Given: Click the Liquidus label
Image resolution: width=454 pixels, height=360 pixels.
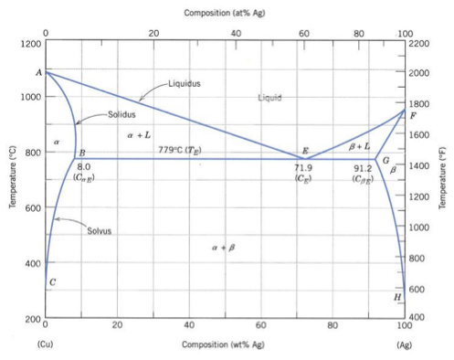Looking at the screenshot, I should click(x=185, y=83).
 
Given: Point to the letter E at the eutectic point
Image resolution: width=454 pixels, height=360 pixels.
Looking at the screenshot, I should click(x=305, y=150).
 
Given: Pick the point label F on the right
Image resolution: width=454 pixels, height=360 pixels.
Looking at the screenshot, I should click(x=414, y=117).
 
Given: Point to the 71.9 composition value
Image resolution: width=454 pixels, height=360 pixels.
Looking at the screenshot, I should click(x=303, y=167).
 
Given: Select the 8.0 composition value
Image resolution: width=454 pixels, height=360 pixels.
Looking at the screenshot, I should click(x=83, y=167).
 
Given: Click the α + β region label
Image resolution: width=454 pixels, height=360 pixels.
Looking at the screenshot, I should click(x=222, y=247).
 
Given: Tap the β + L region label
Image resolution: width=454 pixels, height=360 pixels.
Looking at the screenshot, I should click(x=359, y=146).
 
